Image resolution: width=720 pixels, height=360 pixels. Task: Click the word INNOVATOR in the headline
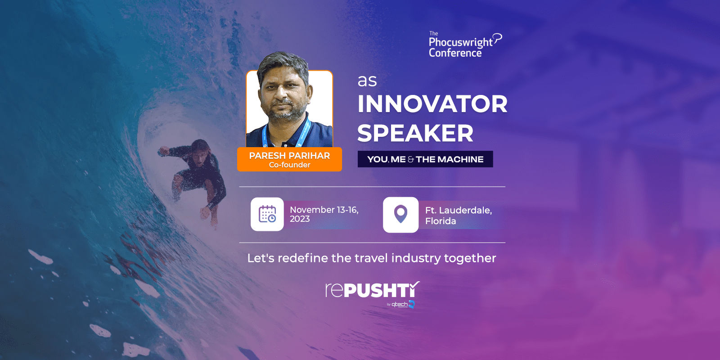point(432,104)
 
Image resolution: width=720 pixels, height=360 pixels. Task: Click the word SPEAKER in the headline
point(415,133)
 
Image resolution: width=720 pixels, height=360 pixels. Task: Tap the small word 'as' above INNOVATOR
point(367,81)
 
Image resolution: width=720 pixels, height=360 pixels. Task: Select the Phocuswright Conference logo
point(465,45)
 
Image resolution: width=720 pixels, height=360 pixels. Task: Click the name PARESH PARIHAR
point(289,156)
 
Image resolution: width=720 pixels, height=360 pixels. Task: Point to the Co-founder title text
point(289,165)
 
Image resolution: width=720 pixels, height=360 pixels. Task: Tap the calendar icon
point(267,214)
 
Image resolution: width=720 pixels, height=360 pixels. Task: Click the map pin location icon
point(400,214)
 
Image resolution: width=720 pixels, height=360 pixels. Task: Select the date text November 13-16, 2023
point(324,214)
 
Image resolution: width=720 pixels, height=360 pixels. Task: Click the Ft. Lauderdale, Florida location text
point(459,216)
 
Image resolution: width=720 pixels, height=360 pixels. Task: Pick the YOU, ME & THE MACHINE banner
point(425,159)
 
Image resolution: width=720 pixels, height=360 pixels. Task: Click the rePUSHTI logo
point(373,290)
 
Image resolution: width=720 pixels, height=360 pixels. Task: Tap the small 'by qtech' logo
point(401,304)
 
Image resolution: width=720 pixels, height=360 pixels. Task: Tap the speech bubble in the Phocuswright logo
point(498,38)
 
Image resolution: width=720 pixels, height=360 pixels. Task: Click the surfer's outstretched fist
point(164,151)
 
